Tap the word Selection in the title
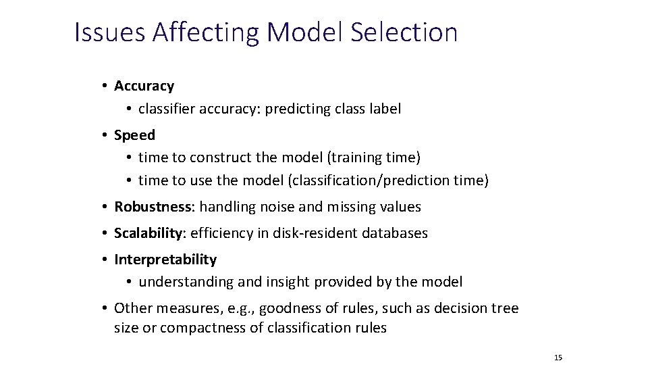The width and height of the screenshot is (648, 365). click(404, 32)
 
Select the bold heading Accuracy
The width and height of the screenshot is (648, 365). click(144, 86)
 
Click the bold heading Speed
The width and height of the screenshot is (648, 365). click(134, 135)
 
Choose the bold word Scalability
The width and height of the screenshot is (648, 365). click(148, 233)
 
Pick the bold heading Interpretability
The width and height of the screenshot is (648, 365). click(165, 260)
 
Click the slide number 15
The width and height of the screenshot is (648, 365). click(558, 358)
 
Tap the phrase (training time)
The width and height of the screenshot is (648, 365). click(373, 157)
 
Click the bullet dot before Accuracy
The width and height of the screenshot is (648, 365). click(106, 86)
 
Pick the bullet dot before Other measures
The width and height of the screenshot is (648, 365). click(106, 309)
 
